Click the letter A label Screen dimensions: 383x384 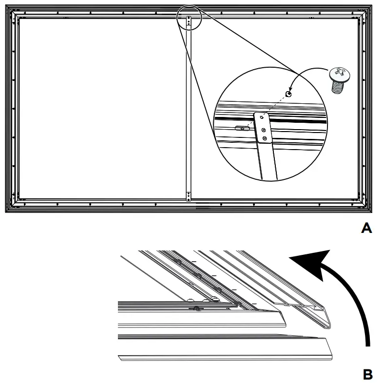pos(366,228)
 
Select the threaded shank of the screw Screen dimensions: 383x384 pos(338,86)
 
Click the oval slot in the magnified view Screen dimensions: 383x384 pos(240,128)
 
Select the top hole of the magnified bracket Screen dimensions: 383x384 pos(262,117)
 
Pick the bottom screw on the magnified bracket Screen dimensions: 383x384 pos(265,139)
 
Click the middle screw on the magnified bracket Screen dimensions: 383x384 pos(264,130)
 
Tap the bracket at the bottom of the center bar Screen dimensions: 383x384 pos(189,196)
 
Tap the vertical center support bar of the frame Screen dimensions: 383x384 pos(189,107)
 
